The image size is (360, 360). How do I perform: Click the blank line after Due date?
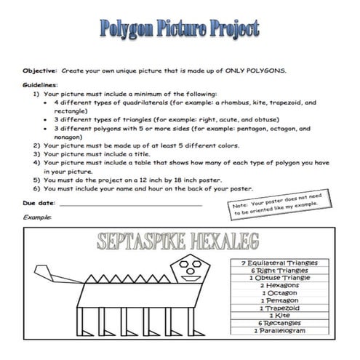[131, 205]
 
